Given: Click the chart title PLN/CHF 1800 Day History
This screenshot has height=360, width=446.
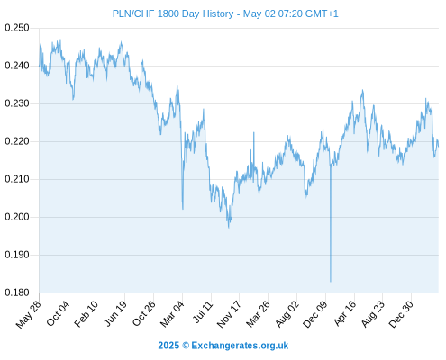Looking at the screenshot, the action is pyautogui.click(x=173, y=13).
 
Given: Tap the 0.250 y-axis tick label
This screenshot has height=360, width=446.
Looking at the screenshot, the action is pyautogui.click(x=17, y=28).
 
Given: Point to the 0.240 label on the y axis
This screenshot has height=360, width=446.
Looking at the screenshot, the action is pyautogui.click(x=17, y=66).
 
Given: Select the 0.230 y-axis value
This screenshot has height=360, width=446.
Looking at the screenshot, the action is pyautogui.click(x=17, y=103).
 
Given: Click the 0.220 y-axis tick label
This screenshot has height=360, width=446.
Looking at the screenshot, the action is pyautogui.click(x=17, y=141).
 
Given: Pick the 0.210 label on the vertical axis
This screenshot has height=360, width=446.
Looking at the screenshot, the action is pyautogui.click(x=17, y=179).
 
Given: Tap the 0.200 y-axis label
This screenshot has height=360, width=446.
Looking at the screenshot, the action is pyautogui.click(x=17, y=217).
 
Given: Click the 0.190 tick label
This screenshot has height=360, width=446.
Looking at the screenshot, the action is pyautogui.click(x=17, y=255).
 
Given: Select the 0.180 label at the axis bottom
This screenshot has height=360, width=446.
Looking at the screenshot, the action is pyautogui.click(x=17, y=292).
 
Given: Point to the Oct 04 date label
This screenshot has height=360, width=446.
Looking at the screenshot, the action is pyautogui.click(x=58, y=313).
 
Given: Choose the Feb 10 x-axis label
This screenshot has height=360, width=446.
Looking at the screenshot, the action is pyautogui.click(x=86, y=313).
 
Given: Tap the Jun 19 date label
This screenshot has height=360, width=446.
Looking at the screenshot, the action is pyautogui.click(x=115, y=313).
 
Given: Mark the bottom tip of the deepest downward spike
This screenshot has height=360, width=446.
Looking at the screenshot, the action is pyautogui.click(x=331, y=282).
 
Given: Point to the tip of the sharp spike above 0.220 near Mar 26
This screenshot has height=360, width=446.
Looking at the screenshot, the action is pyautogui.click(x=254, y=132).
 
